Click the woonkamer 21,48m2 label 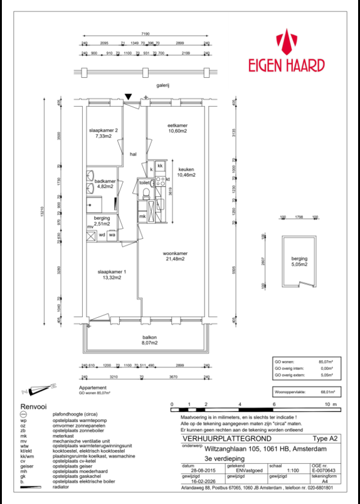tap(177, 256)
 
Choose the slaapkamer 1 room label tap(112, 274)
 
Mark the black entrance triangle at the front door tap(129, 97)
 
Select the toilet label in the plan tap(144, 182)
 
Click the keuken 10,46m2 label tap(186, 172)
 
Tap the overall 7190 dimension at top tap(146, 36)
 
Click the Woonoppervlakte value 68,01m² tap(327, 391)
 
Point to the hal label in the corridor tap(133, 154)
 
